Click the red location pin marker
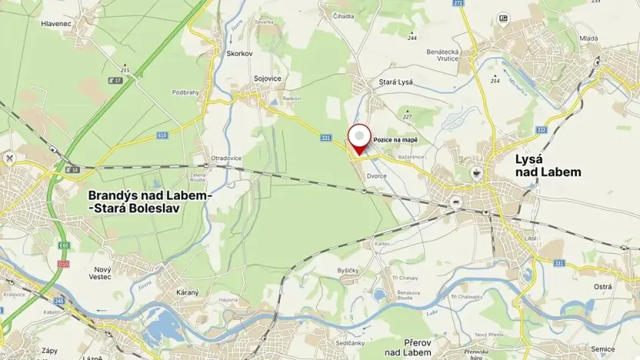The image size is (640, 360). click(358, 138)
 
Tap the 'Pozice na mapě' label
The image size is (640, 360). click(395, 140)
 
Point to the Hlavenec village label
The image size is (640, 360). click(57, 24)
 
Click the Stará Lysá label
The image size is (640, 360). click(375, 82)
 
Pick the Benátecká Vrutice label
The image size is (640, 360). click(444, 55)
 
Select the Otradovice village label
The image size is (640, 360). click(226, 158)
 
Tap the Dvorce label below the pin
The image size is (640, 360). click(376, 175)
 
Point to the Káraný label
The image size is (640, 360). click(188, 292)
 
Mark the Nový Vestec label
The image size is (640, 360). click(102, 273)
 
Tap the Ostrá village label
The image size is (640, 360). click(603, 286)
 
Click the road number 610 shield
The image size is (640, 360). click(162, 135)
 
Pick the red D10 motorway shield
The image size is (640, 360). click(63, 264)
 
